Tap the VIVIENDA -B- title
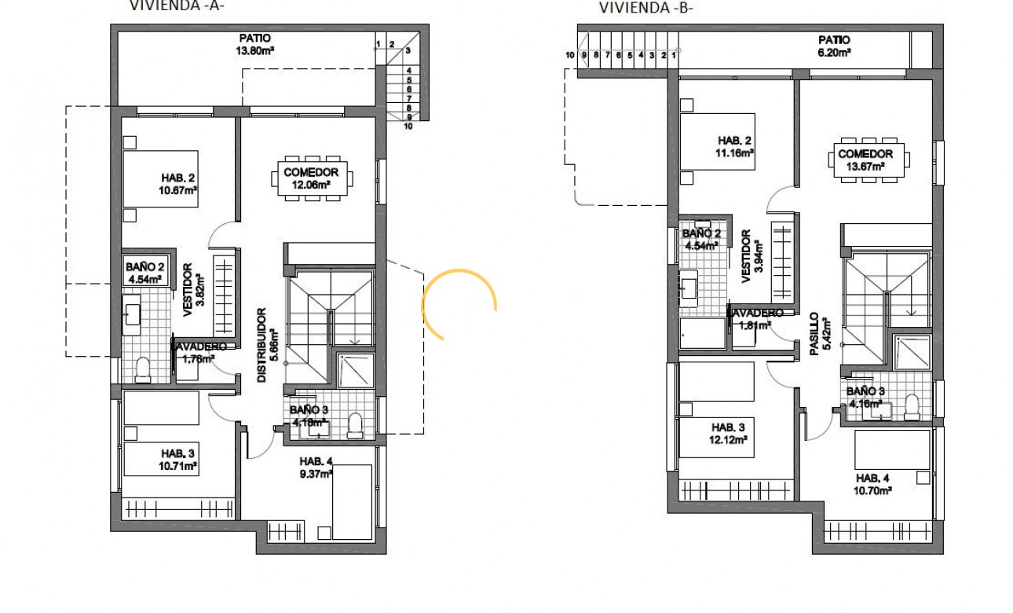[646, 8]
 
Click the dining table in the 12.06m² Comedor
[312, 178]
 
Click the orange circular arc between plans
[459, 303]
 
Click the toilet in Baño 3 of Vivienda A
[354, 424]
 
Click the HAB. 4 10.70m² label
[873, 484]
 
